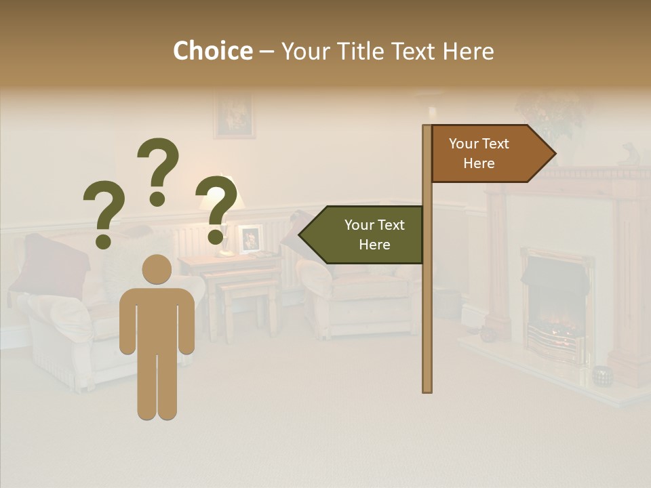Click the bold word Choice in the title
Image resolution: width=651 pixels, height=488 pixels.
tap(212, 51)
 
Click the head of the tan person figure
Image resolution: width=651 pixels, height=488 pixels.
tap(157, 269)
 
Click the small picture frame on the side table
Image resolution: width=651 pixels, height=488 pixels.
tap(250, 239)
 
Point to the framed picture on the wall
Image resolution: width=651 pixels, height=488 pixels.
tap(234, 116)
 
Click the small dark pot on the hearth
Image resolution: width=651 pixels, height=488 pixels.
tap(601, 375)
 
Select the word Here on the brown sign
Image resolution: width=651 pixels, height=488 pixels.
tap(479, 163)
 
